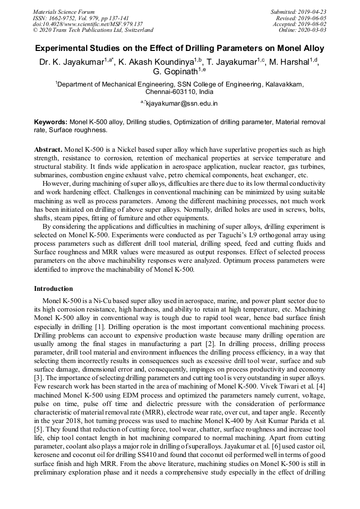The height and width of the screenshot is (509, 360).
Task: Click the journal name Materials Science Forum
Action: point(64,12)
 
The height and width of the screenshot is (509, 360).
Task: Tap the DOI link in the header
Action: point(88,24)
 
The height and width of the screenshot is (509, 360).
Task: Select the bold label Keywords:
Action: point(50,122)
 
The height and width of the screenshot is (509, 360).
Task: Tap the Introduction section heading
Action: point(54,289)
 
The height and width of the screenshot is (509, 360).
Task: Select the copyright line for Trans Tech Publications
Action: point(93,30)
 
